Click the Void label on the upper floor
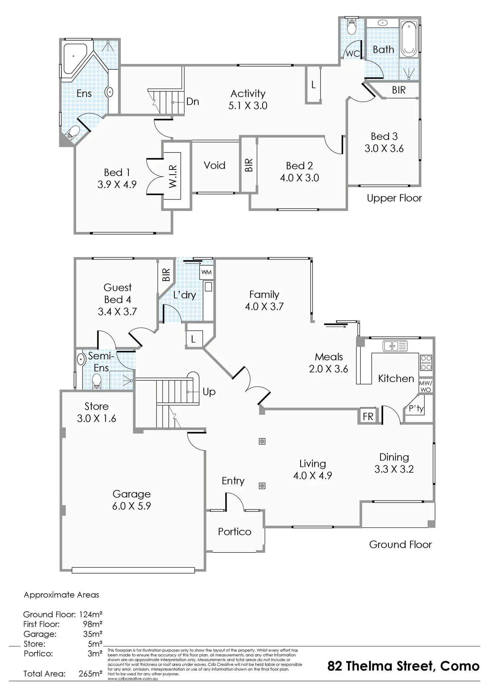214,165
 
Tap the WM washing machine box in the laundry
206,272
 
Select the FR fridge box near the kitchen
368,416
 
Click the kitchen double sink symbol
395,346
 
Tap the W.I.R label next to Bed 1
173,176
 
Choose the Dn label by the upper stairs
193,101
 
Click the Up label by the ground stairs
209,392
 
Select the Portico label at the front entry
235,531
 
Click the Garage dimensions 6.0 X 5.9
132,506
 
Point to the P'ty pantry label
416,408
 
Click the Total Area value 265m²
90,674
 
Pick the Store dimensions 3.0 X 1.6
96,418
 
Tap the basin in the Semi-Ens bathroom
80,359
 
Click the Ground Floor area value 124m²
90,614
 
